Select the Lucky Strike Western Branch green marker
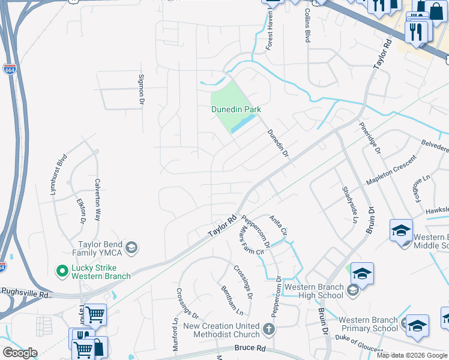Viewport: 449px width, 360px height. (61, 271)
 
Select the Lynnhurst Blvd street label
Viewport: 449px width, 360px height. (58, 172)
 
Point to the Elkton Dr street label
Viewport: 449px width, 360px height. (81, 210)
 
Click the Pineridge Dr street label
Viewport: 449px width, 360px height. (370, 137)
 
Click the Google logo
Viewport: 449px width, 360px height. (19, 353)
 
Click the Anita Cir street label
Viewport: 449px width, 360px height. (279, 224)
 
